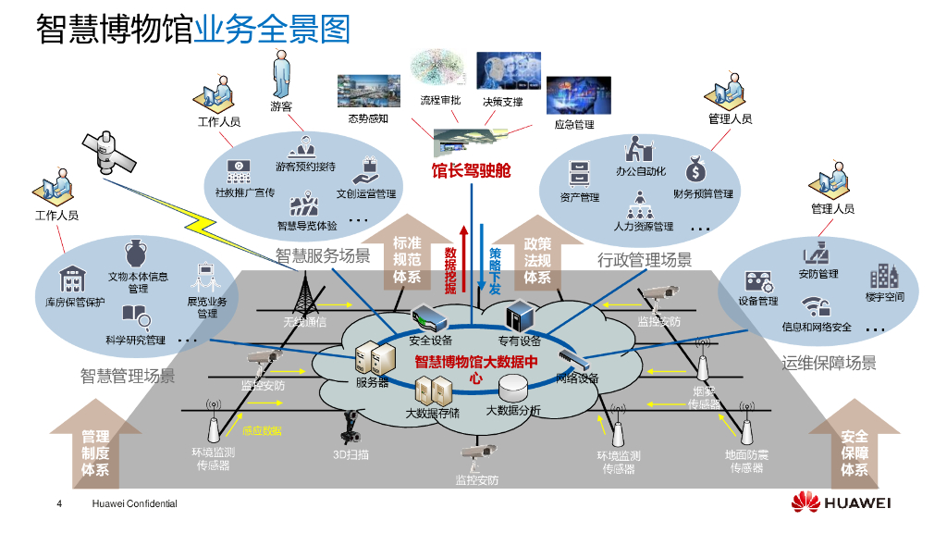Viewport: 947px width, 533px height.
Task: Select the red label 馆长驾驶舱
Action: point(472,171)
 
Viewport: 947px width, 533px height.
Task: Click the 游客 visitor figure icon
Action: point(281,74)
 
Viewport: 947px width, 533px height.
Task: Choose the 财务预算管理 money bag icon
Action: point(696,171)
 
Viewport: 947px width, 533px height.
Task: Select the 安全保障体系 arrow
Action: point(855,449)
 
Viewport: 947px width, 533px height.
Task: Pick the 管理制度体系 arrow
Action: point(94,449)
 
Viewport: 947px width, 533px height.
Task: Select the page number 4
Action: point(60,504)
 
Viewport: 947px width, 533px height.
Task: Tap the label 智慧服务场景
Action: point(323,256)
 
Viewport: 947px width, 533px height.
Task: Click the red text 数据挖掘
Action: point(450,270)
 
